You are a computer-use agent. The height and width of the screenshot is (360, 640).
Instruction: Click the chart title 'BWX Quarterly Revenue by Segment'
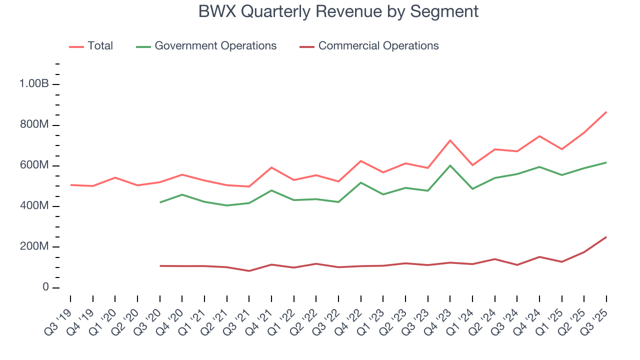tap(338, 11)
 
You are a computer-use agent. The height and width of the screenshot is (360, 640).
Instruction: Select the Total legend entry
tap(100, 46)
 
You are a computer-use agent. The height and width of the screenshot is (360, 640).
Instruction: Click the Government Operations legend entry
tap(215, 46)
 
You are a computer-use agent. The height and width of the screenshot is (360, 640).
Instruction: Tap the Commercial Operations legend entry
tap(378, 46)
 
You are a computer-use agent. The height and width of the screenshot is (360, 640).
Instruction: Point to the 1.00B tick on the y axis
tap(34, 84)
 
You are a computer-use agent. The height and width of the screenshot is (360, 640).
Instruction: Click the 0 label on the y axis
tap(45, 287)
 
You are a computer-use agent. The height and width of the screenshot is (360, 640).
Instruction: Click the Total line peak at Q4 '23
tap(450, 140)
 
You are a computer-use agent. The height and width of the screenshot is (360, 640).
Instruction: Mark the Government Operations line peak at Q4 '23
tap(450, 165)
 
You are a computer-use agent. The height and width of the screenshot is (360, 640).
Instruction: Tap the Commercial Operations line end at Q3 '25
tap(606, 237)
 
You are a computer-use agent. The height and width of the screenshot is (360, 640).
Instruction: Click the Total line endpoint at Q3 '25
tap(606, 112)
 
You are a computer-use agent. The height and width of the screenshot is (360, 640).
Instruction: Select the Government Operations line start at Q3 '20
tap(159, 202)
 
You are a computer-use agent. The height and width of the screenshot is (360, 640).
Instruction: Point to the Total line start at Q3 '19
tap(70, 185)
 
